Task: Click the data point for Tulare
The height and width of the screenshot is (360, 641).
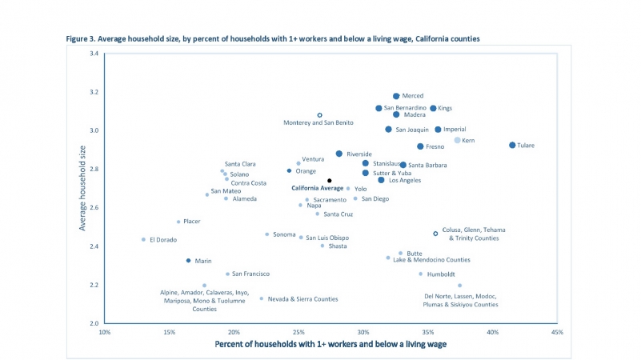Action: coord(512,145)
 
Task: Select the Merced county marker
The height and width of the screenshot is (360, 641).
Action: coord(396,96)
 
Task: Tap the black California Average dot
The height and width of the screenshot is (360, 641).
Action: coord(329,181)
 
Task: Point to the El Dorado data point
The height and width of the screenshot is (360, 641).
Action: coord(144,239)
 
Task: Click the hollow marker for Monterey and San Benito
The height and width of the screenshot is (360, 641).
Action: coord(319,115)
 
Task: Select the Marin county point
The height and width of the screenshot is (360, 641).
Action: coord(188,261)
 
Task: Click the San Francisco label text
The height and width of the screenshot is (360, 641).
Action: coord(250,274)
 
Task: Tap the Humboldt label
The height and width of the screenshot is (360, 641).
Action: coord(442,274)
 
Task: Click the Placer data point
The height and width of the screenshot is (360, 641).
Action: coord(178,222)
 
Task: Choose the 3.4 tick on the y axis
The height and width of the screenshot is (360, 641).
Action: coord(93,54)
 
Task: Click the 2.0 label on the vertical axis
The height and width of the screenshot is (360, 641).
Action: coord(93,323)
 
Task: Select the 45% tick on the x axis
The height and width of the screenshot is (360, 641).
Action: coord(558,332)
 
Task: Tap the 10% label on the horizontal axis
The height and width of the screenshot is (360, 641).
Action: coord(104,332)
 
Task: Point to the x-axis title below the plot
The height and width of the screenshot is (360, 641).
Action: coord(331,345)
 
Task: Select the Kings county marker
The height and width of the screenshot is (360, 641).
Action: coord(433,108)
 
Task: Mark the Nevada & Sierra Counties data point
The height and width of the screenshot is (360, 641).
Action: coord(261,298)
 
